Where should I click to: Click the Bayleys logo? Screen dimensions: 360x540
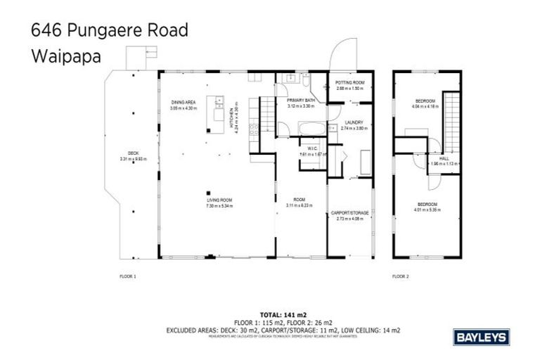[x=482, y=337]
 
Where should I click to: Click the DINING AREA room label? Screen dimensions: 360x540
[x=183, y=103]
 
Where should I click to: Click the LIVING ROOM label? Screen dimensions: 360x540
[x=219, y=200]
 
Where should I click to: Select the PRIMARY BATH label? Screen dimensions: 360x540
[x=300, y=101]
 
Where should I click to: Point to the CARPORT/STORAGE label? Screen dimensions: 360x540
[x=349, y=212]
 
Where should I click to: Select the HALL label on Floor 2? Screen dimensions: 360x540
[x=444, y=158]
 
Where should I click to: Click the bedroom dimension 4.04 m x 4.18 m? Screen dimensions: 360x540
[x=426, y=108]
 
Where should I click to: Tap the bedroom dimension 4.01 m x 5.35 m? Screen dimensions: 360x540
[x=426, y=209]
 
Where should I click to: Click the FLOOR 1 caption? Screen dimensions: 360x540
[x=127, y=276]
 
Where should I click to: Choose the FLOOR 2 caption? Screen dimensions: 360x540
[x=400, y=276]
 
